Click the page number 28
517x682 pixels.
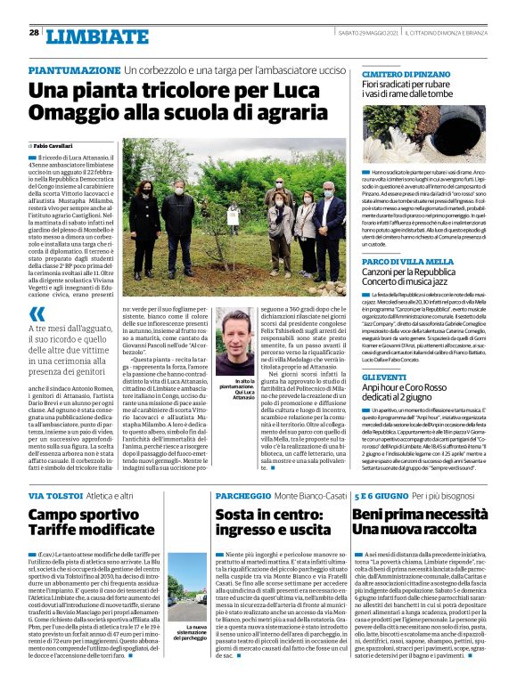tap(33, 33)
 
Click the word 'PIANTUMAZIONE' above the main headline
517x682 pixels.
tap(74, 69)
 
